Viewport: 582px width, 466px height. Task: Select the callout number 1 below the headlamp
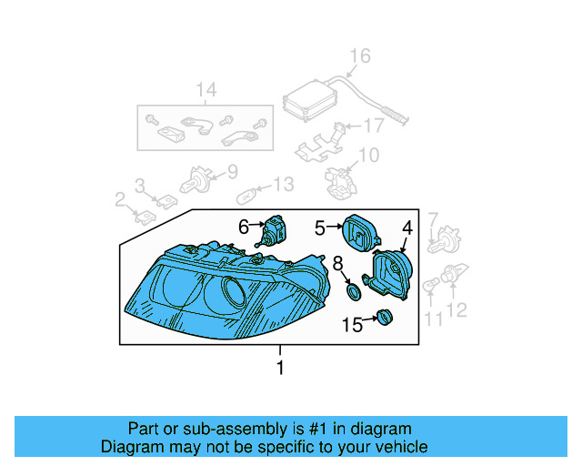point(280,368)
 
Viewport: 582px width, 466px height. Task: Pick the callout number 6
point(243,225)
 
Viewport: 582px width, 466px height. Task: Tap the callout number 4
point(407,228)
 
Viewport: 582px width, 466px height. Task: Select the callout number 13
point(284,185)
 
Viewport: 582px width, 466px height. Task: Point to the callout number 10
point(367,156)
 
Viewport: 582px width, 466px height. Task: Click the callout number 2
point(119,199)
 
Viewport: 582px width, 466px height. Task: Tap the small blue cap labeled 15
point(383,318)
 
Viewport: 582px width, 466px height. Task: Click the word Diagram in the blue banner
point(130,447)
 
